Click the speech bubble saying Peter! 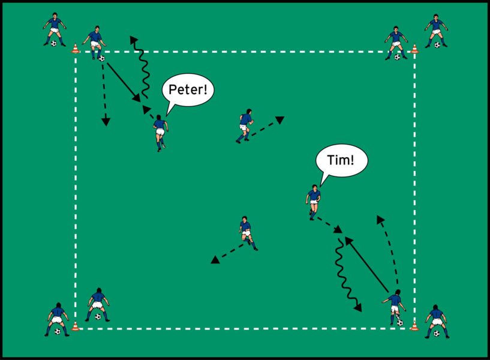(188, 91)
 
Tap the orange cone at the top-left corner (75, 49)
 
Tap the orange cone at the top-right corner (414, 49)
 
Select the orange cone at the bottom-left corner (75, 326)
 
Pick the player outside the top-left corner (55, 28)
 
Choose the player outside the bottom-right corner (436, 320)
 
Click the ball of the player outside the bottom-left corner (58, 331)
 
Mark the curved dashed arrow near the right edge (391, 249)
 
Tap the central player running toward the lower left (246, 232)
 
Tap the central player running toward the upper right (245, 125)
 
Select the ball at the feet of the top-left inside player (101, 58)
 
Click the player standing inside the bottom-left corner (98, 303)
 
